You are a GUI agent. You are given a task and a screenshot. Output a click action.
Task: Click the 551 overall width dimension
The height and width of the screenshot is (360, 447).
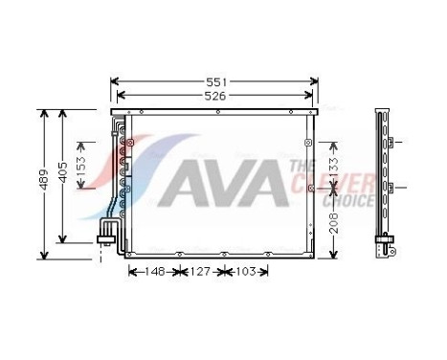[x=214, y=81]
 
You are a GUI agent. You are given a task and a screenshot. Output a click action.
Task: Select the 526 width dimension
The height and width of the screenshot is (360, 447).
[x=214, y=95]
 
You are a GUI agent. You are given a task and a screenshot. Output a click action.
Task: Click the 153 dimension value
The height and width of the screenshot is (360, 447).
[x=82, y=165]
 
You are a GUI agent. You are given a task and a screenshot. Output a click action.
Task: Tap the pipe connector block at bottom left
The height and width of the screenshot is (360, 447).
[x=107, y=232]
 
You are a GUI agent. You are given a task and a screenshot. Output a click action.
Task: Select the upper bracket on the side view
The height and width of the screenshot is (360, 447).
[x=391, y=143]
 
